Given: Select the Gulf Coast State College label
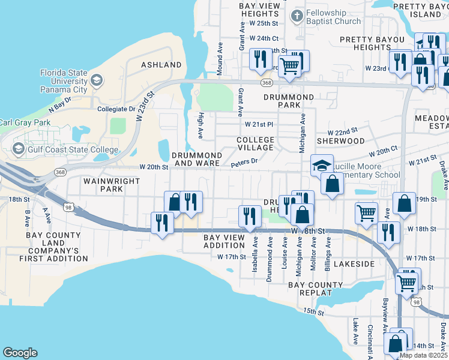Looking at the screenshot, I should pyautogui.click(x=63, y=148).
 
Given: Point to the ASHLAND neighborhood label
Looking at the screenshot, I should pyautogui.click(x=161, y=65).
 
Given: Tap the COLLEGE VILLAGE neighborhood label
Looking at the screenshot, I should pyautogui.click(x=255, y=144).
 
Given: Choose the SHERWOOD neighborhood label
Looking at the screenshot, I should pyautogui.click(x=345, y=141).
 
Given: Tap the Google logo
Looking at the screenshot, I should pyautogui.click(x=20, y=352).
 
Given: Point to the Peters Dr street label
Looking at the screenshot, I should pyautogui.click(x=244, y=161).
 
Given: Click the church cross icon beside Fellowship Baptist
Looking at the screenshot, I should pyautogui.click(x=295, y=15).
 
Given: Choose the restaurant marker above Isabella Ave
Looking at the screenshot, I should pyautogui.click(x=249, y=216).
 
